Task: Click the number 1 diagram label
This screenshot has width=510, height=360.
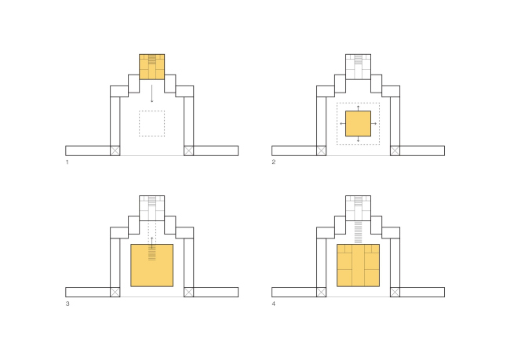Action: [67, 162]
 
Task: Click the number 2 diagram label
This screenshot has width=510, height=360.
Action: [274, 162]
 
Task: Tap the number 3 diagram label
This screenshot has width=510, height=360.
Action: [67, 304]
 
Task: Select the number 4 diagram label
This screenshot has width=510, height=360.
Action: [274, 304]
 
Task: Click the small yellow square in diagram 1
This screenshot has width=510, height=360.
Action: [152, 67]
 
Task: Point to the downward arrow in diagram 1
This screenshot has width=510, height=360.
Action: [152, 93]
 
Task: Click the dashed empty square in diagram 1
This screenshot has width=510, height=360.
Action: [152, 111]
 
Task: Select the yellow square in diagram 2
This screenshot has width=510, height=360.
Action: [358, 124]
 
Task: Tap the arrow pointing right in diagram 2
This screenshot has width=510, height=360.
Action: [374, 124]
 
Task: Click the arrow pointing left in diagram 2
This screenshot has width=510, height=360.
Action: [342, 124]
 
